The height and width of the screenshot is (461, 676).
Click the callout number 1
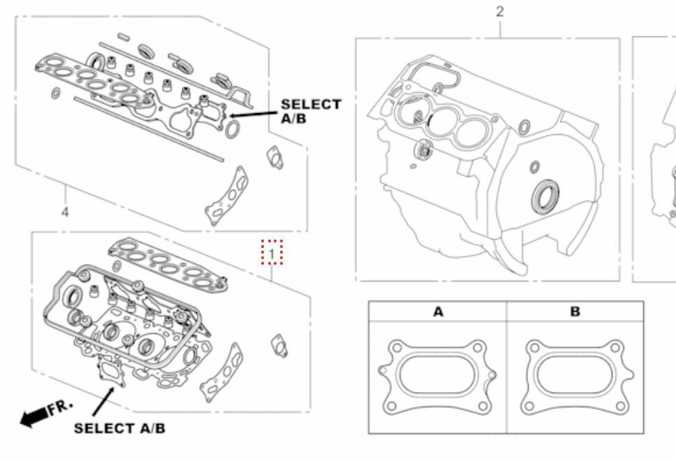tap(272, 251)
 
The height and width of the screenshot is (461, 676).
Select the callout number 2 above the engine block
tap(499, 12)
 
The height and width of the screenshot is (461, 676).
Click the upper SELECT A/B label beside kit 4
tap(311, 110)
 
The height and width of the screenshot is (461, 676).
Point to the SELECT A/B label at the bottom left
tap(119, 427)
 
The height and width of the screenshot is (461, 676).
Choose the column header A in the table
tap(438, 312)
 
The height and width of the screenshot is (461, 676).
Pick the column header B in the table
tap(575, 312)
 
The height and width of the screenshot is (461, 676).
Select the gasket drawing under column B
tap(574, 376)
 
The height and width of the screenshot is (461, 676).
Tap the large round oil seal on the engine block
tap(545, 197)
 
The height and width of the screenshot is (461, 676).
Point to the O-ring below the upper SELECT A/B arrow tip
tap(234, 128)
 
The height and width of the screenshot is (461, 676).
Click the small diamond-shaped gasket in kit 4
tap(274, 156)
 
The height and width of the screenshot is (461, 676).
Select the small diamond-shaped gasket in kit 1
tap(281, 344)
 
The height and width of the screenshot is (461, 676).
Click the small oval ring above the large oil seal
tap(534, 167)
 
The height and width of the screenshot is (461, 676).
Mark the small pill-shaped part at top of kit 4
tap(123, 36)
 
